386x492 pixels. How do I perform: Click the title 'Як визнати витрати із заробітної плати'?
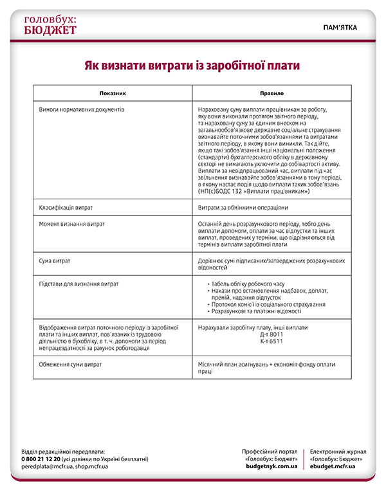tap(193, 66)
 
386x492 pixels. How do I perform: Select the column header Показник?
tap(113, 93)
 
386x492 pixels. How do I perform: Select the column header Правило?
tap(271, 93)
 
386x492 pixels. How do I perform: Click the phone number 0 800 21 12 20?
tap(41, 459)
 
